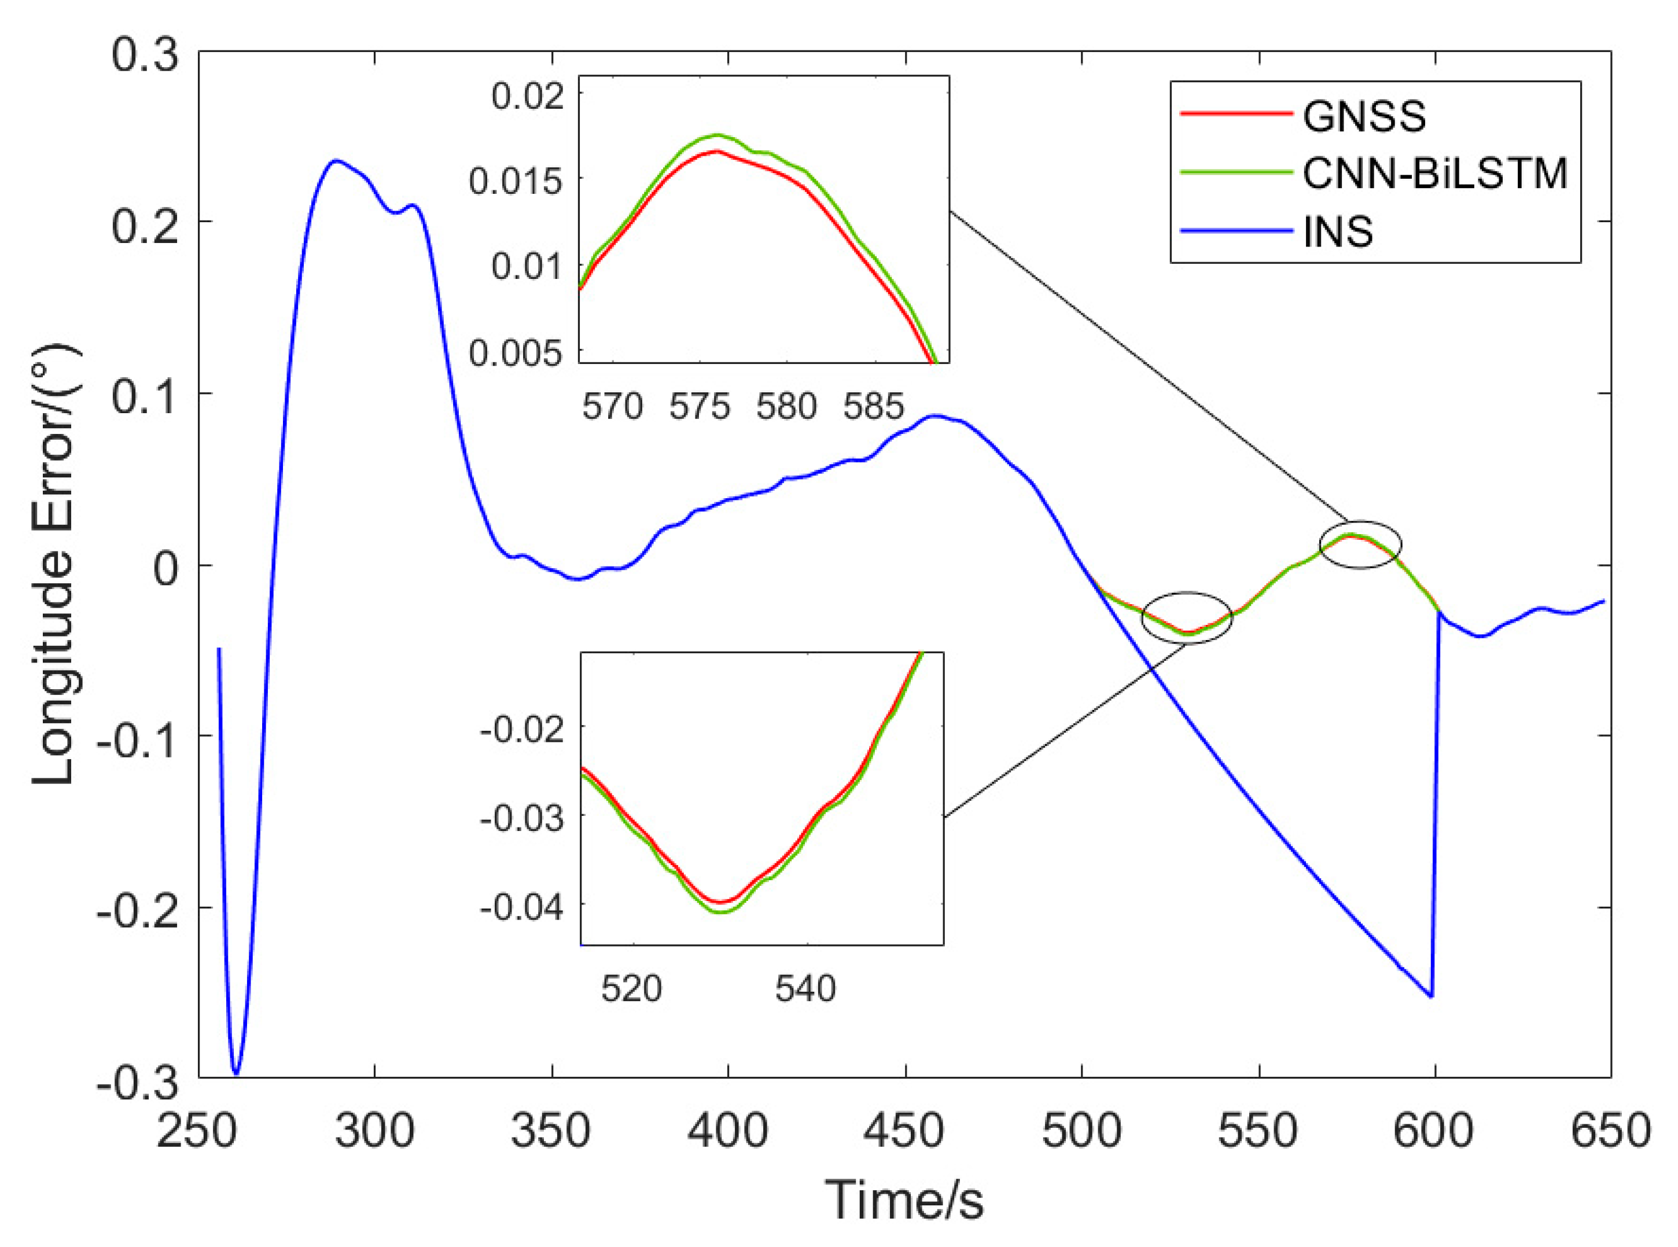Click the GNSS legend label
pyautogui.click(x=1364, y=117)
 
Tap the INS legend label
pyautogui.click(x=1338, y=231)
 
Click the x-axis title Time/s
pyautogui.click(x=904, y=1199)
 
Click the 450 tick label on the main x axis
pyautogui.click(x=904, y=1131)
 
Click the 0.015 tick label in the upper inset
pyautogui.click(x=516, y=181)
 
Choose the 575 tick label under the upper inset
pyautogui.click(x=699, y=407)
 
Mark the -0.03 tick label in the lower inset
pyautogui.click(x=521, y=818)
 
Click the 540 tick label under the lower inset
pyautogui.click(x=805, y=988)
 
